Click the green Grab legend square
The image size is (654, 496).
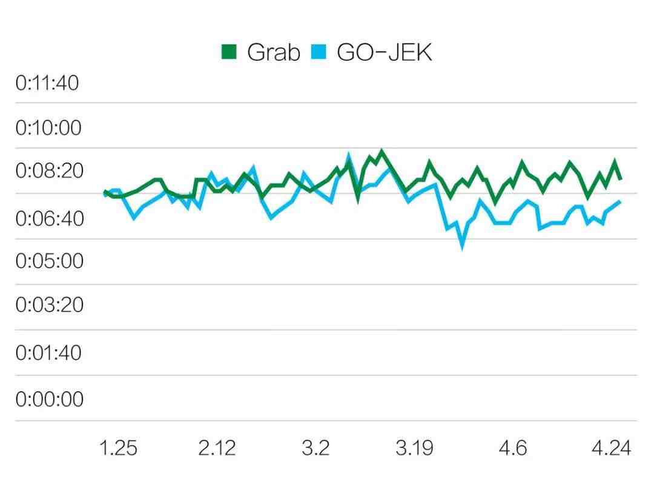(229, 52)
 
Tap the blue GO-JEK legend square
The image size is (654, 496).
(319, 52)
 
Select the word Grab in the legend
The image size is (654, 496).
(273, 53)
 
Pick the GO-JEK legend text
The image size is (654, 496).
(384, 53)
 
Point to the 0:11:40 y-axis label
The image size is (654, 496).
(47, 83)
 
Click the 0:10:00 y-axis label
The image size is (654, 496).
(48, 129)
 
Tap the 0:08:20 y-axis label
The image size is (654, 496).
(49, 172)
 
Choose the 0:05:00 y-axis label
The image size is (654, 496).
(49, 261)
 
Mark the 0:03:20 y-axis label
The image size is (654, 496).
(49, 305)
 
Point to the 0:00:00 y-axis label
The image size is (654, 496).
(49, 400)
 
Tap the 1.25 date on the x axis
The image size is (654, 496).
(118, 448)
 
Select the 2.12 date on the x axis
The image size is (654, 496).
(217, 448)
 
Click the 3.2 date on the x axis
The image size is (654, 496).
(315, 448)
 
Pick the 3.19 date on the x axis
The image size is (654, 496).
(414, 448)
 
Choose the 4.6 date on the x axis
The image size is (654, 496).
(512, 448)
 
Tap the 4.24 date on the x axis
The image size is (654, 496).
(611, 448)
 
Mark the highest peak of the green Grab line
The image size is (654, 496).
(381, 151)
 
